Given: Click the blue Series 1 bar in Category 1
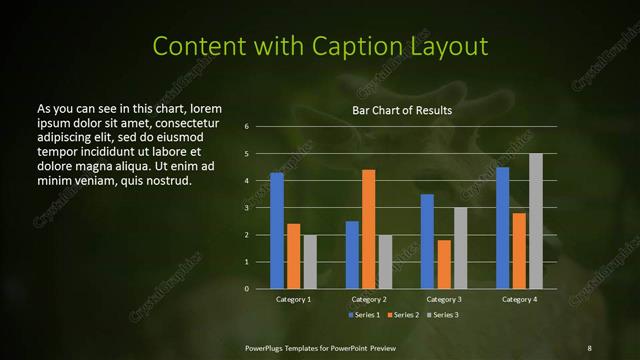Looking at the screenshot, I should pyautogui.click(x=277, y=231).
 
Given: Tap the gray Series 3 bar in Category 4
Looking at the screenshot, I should pyautogui.click(x=536, y=221).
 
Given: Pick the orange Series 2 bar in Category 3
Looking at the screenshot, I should pyautogui.click(x=444, y=264).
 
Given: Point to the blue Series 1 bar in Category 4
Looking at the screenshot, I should pyautogui.click(x=502, y=228).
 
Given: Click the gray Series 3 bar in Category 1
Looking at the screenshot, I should pyautogui.click(x=310, y=262).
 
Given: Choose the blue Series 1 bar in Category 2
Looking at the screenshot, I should pyautogui.click(x=352, y=255).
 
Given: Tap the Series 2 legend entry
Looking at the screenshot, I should pyautogui.click(x=403, y=315).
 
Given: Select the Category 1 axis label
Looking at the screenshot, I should pyautogui.click(x=294, y=299).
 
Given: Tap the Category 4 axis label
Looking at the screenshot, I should pyautogui.click(x=519, y=299).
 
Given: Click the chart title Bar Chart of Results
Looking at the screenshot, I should pyautogui.click(x=402, y=110).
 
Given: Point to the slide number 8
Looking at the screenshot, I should pyautogui.click(x=588, y=347).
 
